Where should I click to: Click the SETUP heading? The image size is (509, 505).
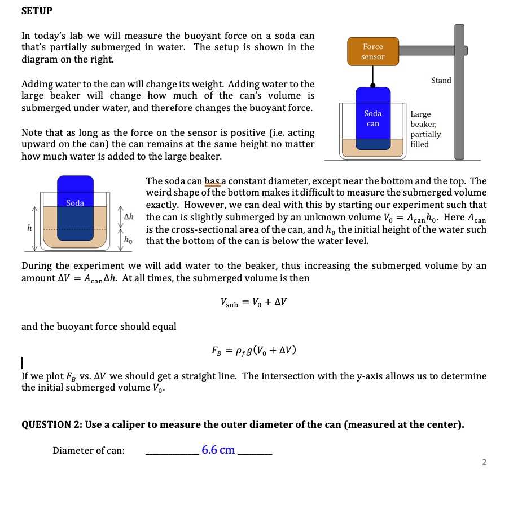(x=37, y=11)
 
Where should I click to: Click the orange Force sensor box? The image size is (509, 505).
(x=372, y=51)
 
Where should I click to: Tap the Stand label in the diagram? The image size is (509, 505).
(x=441, y=81)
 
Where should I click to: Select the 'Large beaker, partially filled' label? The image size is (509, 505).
(x=425, y=129)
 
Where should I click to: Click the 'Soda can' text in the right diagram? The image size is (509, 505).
(x=372, y=118)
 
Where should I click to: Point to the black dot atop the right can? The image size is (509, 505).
(x=372, y=86)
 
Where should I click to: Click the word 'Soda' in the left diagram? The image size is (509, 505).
(x=75, y=203)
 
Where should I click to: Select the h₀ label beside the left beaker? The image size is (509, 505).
(x=128, y=239)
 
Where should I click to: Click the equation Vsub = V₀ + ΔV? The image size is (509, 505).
(x=254, y=302)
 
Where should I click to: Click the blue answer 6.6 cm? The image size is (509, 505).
(x=218, y=450)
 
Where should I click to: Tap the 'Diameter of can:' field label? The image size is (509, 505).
(x=89, y=450)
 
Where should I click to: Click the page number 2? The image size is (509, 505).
(x=484, y=463)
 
